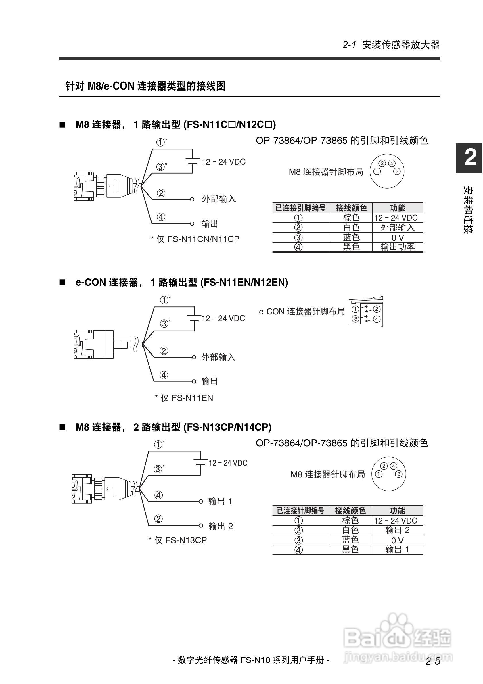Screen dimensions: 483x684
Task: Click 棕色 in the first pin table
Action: [x=351, y=218]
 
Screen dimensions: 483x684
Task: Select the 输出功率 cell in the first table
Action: [x=398, y=247]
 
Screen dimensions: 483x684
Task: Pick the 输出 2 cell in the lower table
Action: [x=397, y=530]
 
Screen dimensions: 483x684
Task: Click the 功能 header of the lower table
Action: [x=397, y=511]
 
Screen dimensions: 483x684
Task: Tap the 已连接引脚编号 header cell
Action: [x=300, y=208]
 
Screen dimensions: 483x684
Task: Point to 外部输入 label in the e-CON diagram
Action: [x=218, y=357]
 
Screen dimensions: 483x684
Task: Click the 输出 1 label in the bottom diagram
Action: [x=220, y=501]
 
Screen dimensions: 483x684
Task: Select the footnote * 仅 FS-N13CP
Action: [x=178, y=540]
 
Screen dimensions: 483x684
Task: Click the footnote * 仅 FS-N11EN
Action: [x=184, y=398]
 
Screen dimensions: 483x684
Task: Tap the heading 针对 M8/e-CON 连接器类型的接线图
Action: [x=145, y=86]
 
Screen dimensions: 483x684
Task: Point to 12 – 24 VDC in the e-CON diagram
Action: [x=223, y=318]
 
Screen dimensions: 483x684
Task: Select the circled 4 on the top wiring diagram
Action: [x=161, y=217]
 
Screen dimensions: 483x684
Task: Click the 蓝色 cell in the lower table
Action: [x=350, y=540]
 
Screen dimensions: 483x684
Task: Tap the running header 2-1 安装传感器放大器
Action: [x=391, y=45]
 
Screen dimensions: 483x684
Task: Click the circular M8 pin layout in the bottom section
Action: [x=388, y=474]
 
